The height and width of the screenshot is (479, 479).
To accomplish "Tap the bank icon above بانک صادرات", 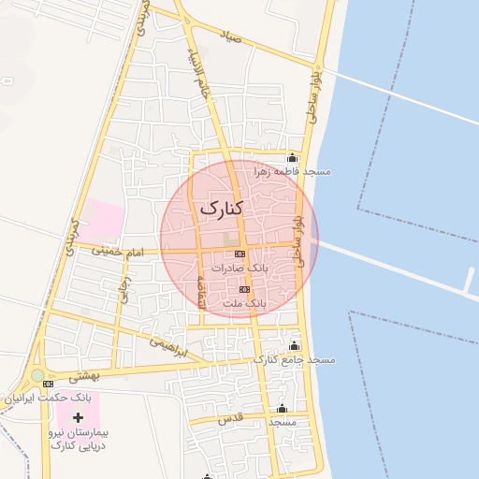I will [x=240, y=254].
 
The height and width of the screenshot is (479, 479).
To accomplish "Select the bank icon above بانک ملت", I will [x=245, y=290].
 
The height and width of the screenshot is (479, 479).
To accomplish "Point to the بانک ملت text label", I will [x=247, y=304].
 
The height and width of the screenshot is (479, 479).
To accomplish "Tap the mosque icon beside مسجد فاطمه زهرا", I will [x=295, y=157].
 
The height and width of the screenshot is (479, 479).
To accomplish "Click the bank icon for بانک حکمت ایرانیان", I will [x=49, y=384].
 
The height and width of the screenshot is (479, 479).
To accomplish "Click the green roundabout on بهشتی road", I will [x=36, y=376].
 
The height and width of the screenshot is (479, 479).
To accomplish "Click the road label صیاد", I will [x=231, y=39].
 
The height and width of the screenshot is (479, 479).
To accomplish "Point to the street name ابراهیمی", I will [x=169, y=347].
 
